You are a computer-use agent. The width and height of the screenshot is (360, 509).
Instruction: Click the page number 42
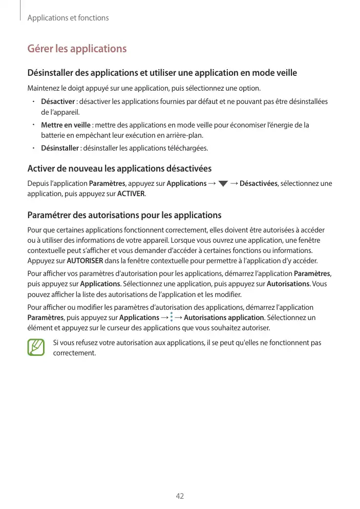(x=180, y=496)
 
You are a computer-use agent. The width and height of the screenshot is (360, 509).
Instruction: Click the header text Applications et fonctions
(x=68, y=18)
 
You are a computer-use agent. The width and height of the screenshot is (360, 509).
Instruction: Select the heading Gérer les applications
(x=77, y=49)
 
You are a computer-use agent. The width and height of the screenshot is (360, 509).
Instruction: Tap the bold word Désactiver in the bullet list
(x=58, y=101)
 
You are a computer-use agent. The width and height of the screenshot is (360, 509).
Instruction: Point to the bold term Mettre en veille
(x=66, y=125)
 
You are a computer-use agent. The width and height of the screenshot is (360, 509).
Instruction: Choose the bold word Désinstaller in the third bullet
(x=60, y=148)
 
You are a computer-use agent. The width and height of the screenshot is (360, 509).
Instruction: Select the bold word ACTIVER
(x=131, y=194)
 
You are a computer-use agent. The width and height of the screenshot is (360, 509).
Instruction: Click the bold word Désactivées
(x=259, y=183)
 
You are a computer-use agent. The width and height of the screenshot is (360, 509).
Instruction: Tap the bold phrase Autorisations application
(x=224, y=317)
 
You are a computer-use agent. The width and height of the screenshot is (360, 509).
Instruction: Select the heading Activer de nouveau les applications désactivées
(x=119, y=168)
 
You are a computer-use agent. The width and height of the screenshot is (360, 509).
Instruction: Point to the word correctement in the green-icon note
(x=74, y=353)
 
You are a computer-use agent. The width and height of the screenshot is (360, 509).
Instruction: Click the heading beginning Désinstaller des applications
(x=162, y=73)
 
